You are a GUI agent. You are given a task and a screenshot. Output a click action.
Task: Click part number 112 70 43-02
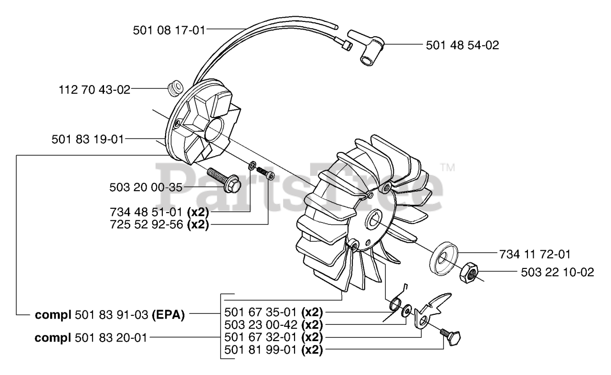[x=95, y=89]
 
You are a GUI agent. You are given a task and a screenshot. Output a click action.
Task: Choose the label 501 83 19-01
[x=87, y=139]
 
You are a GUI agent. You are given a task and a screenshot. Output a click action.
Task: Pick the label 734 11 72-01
[x=534, y=254]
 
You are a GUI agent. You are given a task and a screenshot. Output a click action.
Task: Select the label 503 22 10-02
[x=558, y=272]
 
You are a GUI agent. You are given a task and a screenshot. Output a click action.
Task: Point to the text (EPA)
[x=169, y=316]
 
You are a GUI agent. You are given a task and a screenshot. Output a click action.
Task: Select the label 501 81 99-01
[x=262, y=350]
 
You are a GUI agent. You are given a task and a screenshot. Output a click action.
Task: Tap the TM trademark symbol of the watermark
[x=448, y=168]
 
